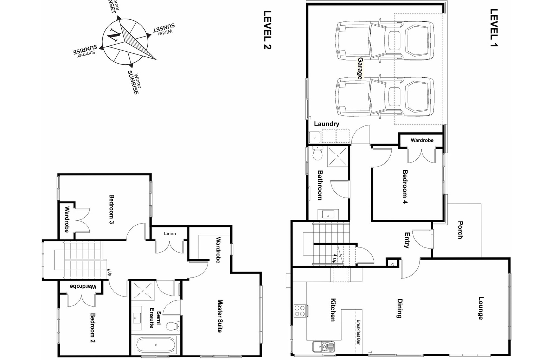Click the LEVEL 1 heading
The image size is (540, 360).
click(x=494, y=28)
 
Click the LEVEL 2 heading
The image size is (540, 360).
click(x=268, y=30)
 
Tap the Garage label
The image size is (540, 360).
click(x=360, y=68)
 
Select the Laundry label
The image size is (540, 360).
click(x=326, y=124)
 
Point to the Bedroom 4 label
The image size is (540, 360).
click(x=405, y=187)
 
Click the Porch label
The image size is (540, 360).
click(x=460, y=230)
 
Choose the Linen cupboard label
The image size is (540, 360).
click(x=170, y=233)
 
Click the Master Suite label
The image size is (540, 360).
click(x=220, y=316)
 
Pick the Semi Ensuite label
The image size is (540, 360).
click(x=155, y=319)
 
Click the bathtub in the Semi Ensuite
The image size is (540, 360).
click(x=156, y=345)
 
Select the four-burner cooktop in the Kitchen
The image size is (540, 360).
click(x=300, y=311)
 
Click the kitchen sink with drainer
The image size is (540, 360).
click(x=324, y=347)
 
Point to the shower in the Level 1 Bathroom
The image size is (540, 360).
click(x=337, y=156)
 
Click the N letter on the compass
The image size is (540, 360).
click(x=115, y=34)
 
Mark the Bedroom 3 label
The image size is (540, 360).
click(x=111, y=209)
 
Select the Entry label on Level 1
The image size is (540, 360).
click(x=407, y=240)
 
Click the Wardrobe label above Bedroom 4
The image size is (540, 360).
click(x=422, y=140)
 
